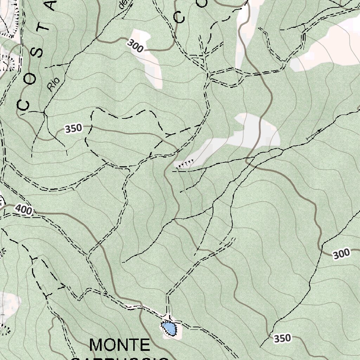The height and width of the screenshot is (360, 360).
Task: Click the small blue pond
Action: point(169,329)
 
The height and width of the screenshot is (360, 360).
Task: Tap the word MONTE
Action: point(120,345)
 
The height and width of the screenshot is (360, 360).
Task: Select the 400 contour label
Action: point(24,210)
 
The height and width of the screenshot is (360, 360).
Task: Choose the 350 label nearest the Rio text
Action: point(73,128)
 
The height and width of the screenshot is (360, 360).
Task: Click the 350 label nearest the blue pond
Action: point(282,338)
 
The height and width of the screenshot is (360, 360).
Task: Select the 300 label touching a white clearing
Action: point(135,46)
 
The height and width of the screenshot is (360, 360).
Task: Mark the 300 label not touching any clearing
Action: point(341,253)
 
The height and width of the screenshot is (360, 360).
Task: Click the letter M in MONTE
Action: point(97,345)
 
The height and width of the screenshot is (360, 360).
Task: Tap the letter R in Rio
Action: point(51,88)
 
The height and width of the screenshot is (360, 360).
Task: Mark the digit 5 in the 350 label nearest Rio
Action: point(73,128)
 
